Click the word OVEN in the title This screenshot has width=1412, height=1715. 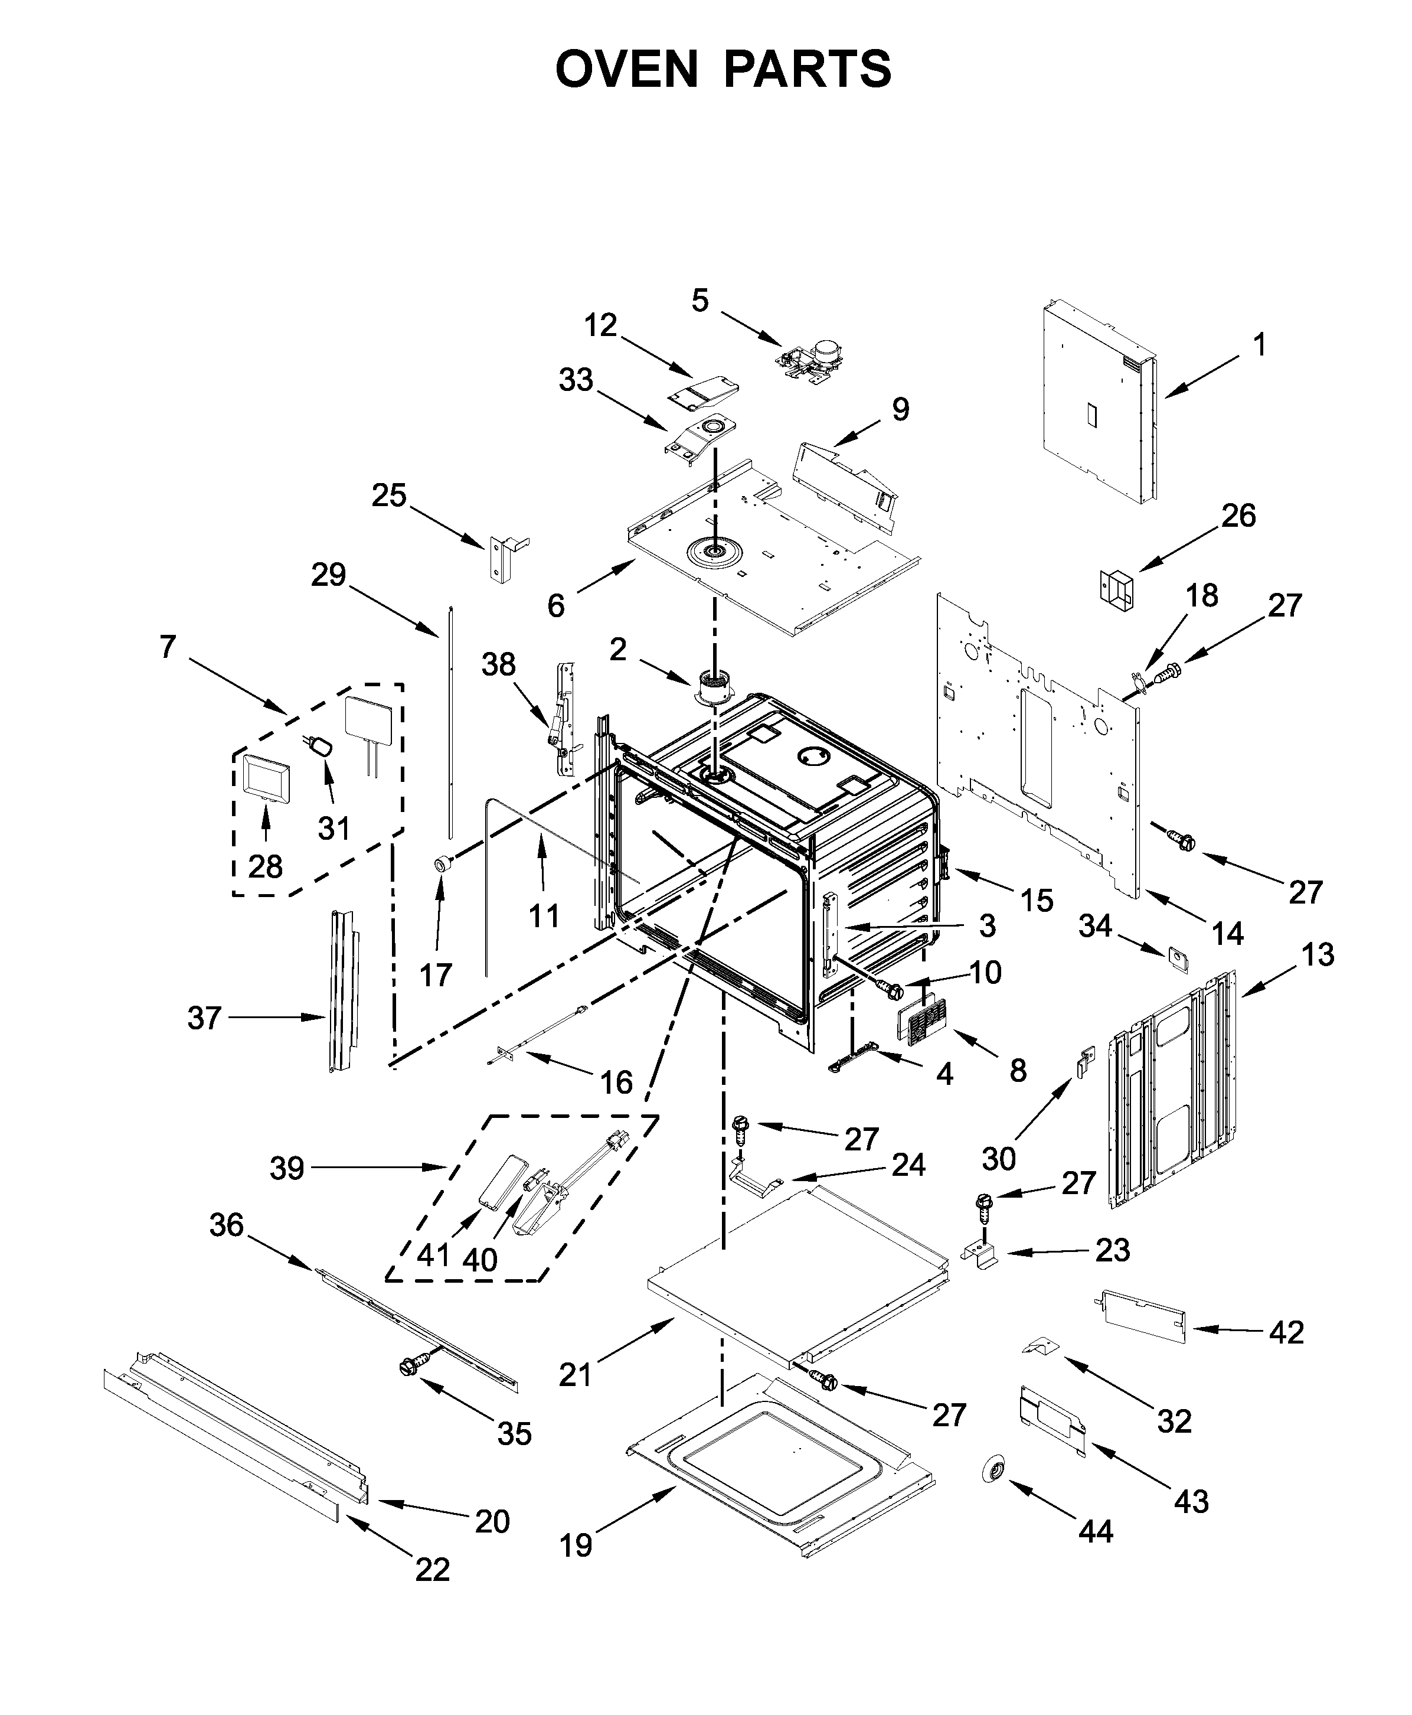point(626,69)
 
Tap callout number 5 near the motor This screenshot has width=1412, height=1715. point(700,300)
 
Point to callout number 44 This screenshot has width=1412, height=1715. point(1095,1532)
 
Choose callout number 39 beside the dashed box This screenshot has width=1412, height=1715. point(286,1168)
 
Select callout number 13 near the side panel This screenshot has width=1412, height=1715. point(1317,954)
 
